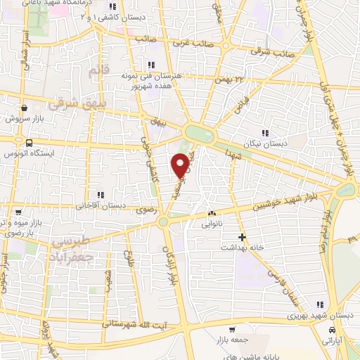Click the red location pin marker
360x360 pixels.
180,166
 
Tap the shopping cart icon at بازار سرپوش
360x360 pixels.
25,108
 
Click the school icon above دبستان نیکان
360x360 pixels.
265,132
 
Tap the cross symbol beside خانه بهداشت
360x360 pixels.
242,236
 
